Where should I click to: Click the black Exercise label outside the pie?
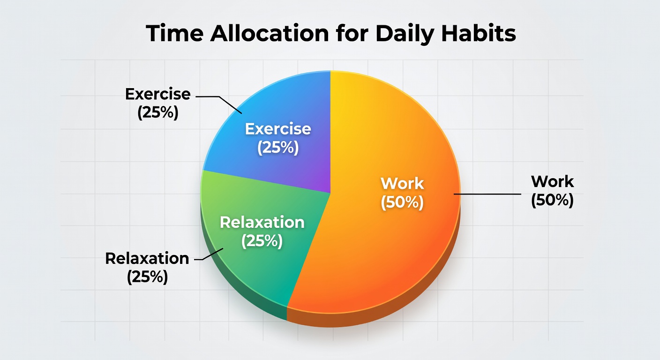158,94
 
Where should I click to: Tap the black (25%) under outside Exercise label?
158,113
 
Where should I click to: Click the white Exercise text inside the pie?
278,129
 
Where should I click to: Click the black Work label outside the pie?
552,182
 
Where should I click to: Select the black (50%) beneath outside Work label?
552,200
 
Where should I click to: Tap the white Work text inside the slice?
402,183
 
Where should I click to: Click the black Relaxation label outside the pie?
147,258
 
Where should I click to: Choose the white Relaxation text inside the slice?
262,223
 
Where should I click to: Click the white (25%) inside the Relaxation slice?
262,241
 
